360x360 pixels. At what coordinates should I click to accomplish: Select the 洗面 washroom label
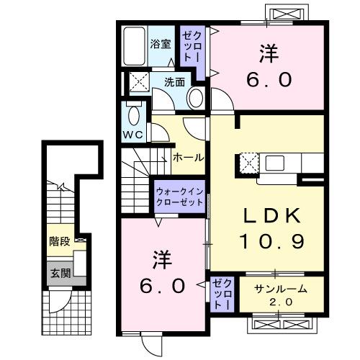tap(172, 81)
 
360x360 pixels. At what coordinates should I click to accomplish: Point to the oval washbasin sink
tap(194, 97)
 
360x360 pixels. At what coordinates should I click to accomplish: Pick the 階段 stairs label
tap(59, 241)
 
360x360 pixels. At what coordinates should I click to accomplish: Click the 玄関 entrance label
tap(59, 273)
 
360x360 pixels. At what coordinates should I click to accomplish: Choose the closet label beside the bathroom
tap(192, 45)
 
